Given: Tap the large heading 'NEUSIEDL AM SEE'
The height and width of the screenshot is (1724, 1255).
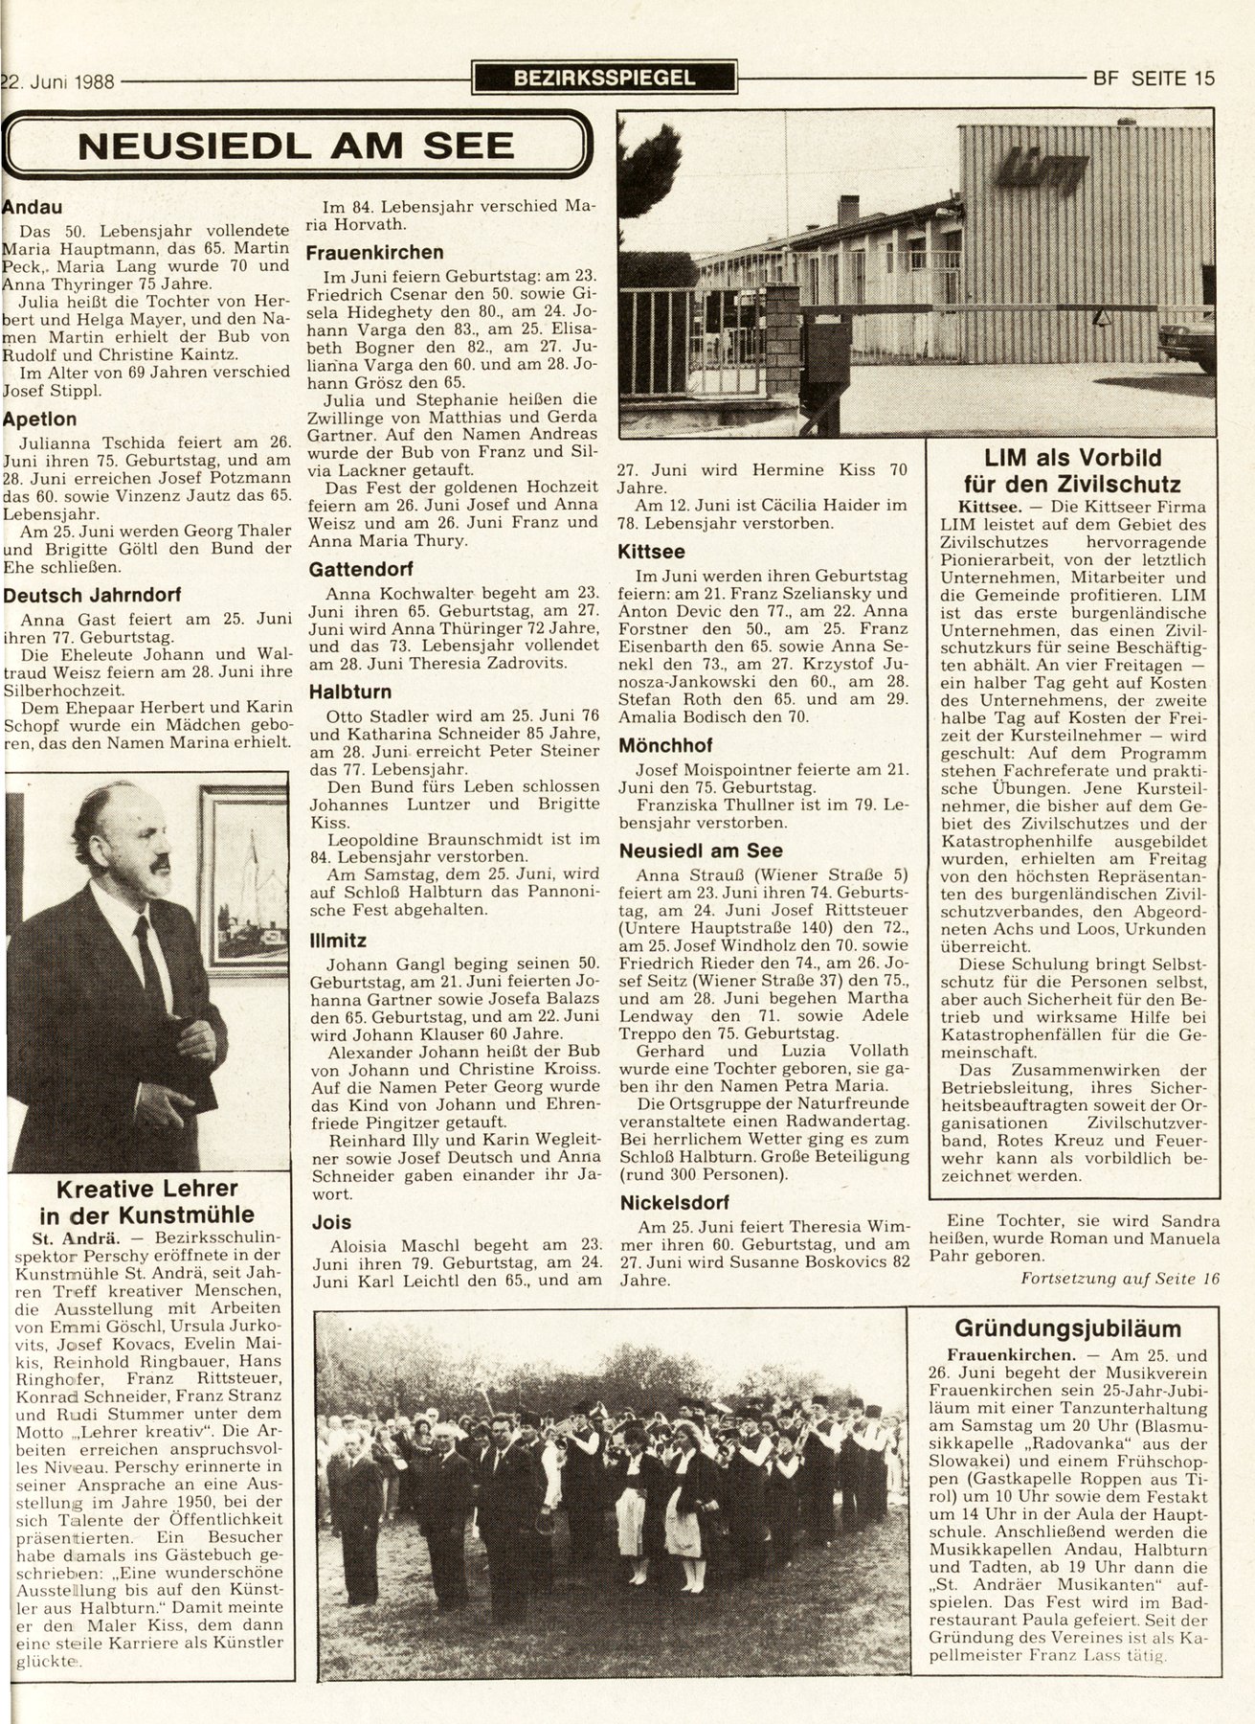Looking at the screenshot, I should click(296, 146).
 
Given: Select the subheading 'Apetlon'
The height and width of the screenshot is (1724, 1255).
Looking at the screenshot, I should click(39, 419).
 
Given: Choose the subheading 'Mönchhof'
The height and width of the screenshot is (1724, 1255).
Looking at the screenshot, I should click(664, 744).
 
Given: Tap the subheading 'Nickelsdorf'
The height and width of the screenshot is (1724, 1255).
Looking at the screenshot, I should click(674, 1202).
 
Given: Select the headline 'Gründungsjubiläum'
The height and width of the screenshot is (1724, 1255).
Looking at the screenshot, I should click(1067, 1328).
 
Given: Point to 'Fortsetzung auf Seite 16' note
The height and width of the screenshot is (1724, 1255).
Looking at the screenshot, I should click(1120, 1278).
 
